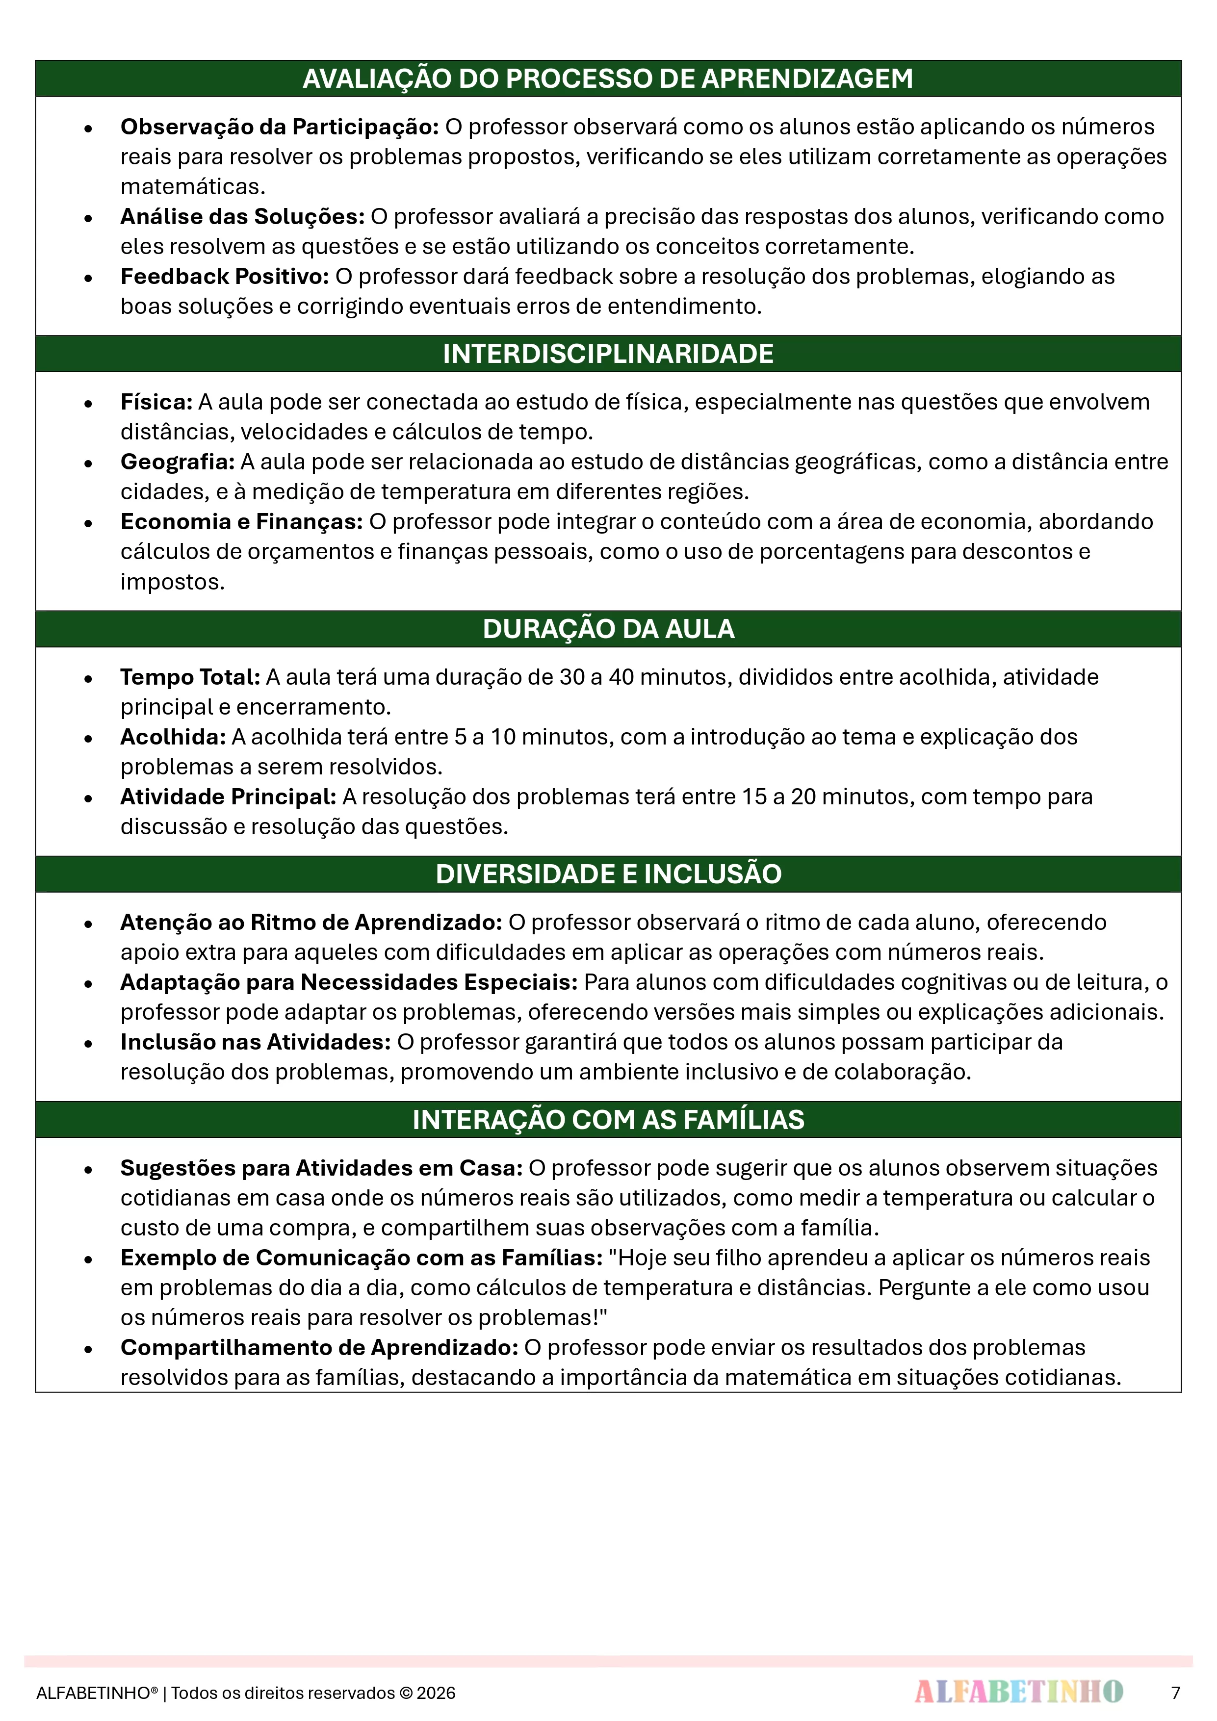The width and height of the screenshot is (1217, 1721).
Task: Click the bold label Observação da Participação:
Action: pyautogui.click(x=279, y=127)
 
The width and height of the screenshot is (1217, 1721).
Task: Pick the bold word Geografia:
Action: pyautogui.click(x=178, y=462)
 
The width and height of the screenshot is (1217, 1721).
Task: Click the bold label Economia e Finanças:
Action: pyautogui.click(x=241, y=522)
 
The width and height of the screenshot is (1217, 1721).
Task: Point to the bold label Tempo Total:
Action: pyautogui.click(x=190, y=677)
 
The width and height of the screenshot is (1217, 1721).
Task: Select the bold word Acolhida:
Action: pyautogui.click(x=173, y=737)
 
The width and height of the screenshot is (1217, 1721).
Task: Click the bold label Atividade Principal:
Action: pyautogui.click(x=228, y=797)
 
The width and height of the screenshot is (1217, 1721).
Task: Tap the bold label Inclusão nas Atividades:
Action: pyautogui.click(x=256, y=1042)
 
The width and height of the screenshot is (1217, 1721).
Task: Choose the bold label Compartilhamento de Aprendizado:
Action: pyautogui.click(x=319, y=1348)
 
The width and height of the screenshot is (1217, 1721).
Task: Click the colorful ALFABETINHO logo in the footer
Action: pyautogui.click(x=1018, y=1692)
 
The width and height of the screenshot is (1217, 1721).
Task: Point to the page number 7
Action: pyautogui.click(x=1175, y=1693)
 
